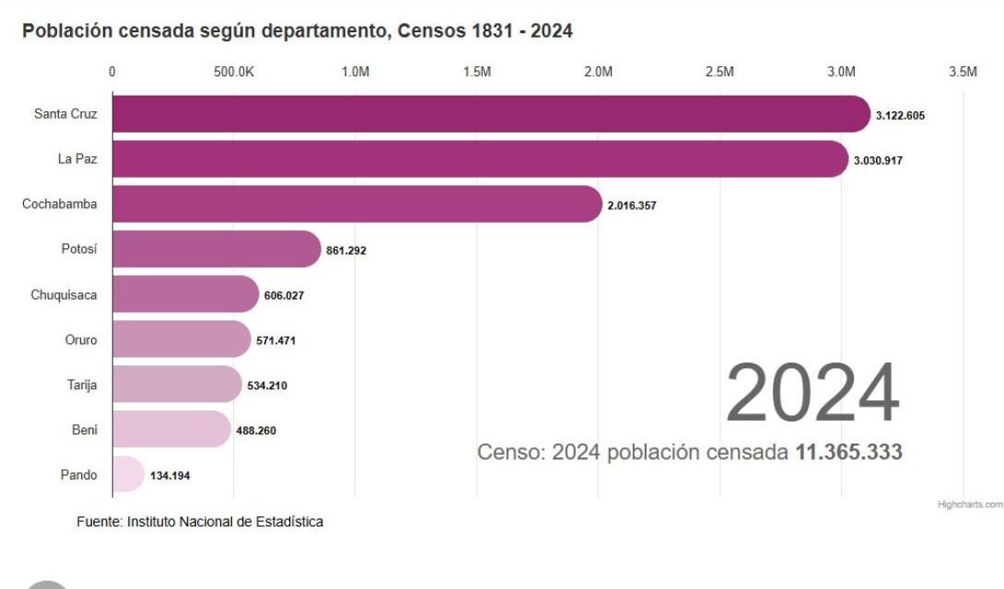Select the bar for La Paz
tap(479, 159)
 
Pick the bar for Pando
tap(128, 474)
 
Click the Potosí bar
tap(216, 249)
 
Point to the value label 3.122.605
tap(900, 116)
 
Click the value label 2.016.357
tap(632, 205)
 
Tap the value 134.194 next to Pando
tap(170, 476)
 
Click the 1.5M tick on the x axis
tap(476, 73)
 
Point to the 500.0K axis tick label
tap(233, 73)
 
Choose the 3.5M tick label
tap(963, 73)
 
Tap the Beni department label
tap(84, 429)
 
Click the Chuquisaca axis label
tap(64, 294)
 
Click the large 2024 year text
tap(811, 394)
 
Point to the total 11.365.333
tap(847, 452)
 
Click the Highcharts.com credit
tap(969, 505)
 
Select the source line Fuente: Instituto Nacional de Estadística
tap(200, 522)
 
